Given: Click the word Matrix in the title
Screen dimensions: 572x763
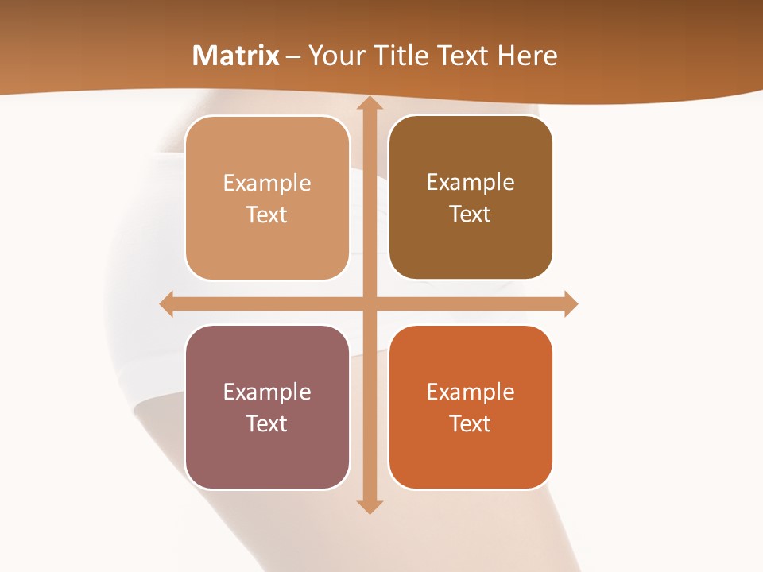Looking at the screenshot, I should pos(236,56).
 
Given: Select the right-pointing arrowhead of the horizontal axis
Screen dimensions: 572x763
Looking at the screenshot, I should pos(570,303).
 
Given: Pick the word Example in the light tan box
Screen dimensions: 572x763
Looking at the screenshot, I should pos(267,184).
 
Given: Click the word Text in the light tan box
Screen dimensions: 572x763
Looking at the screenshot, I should pos(267,215).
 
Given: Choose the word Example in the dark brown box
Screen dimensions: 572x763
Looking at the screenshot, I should pos(471,183).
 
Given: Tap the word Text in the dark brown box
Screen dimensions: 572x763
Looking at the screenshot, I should pos(471,214).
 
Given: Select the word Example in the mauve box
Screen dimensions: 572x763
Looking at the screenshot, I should pos(267,392).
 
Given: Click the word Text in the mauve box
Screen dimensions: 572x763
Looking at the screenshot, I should pos(267,424).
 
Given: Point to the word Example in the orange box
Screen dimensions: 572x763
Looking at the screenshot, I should pos(471,392).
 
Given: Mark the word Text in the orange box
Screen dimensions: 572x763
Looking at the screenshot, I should pos(471,424).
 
